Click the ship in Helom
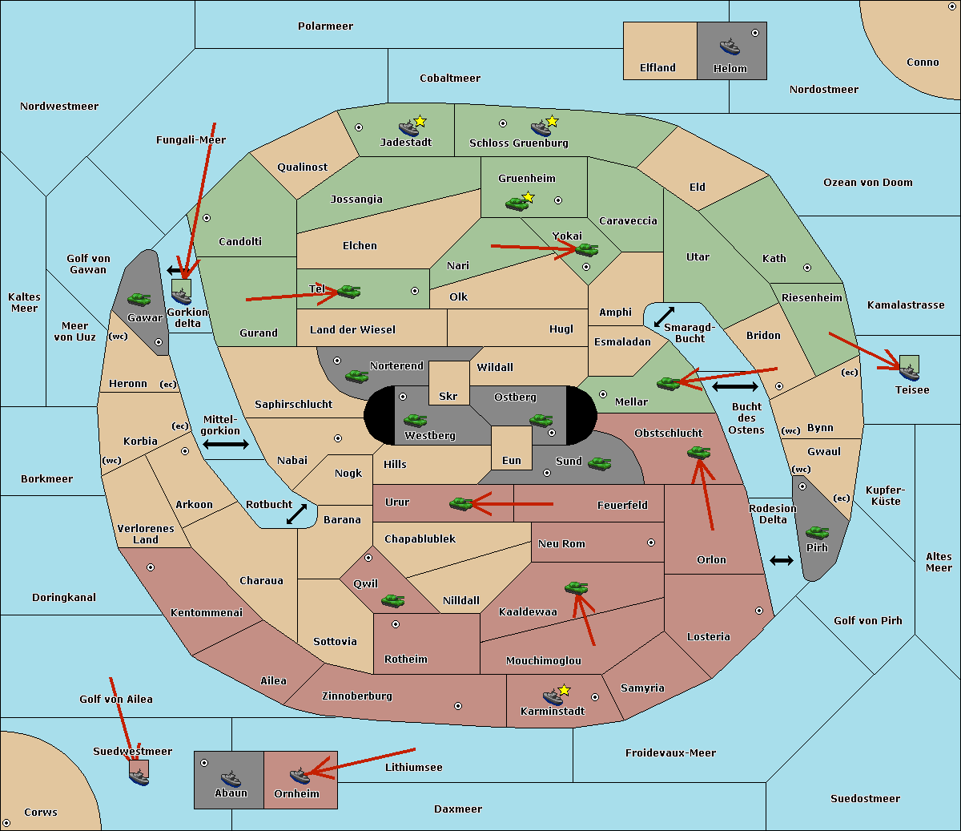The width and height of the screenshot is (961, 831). coord(730,46)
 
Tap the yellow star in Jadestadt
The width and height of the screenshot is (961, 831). coord(420,121)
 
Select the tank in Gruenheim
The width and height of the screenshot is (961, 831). coord(517,204)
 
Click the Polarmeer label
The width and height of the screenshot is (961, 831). coord(325,26)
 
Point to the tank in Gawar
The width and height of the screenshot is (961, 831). coord(139,299)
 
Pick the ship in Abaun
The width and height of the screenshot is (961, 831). coord(231,779)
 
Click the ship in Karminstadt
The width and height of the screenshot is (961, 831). coord(553,697)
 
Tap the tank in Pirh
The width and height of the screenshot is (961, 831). coord(817,532)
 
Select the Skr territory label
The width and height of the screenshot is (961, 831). coord(448,396)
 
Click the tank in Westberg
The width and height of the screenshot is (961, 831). coord(415,420)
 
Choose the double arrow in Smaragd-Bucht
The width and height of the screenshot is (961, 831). coord(664,317)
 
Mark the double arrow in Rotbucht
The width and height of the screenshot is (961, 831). coord(296,514)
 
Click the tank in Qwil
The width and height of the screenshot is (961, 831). coord(392,600)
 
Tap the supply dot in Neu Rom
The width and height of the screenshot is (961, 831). coord(651,543)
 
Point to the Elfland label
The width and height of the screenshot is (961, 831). coord(657,68)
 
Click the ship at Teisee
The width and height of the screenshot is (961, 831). coord(909,373)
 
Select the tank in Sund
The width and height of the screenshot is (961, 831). coord(599,463)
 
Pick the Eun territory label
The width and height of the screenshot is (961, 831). coord(512,460)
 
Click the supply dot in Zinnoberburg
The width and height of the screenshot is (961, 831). coord(458,706)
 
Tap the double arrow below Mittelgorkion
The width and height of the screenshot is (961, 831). coord(226,445)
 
